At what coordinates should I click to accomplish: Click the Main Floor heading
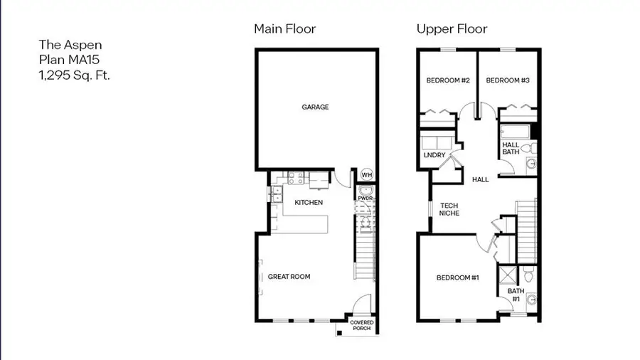coord(285,29)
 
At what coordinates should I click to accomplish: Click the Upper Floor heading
coord(452,29)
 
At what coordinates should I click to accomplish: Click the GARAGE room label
coord(315,107)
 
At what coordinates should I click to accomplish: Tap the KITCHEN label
coord(309,203)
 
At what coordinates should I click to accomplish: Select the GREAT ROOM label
coord(289,277)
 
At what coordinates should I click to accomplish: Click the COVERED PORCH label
coord(361,325)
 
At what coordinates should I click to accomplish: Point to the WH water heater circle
coord(366,175)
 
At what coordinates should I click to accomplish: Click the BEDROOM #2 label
coord(448,80)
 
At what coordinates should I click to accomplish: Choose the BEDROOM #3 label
coord(508,80)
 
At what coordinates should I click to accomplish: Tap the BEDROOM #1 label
coord(457,277)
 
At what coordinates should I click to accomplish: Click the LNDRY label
coord(434,155)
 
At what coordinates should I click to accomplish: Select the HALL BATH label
coord(511,148)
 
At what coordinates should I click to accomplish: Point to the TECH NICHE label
coord(449,209)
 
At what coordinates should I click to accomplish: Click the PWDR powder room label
coord(365,198)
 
